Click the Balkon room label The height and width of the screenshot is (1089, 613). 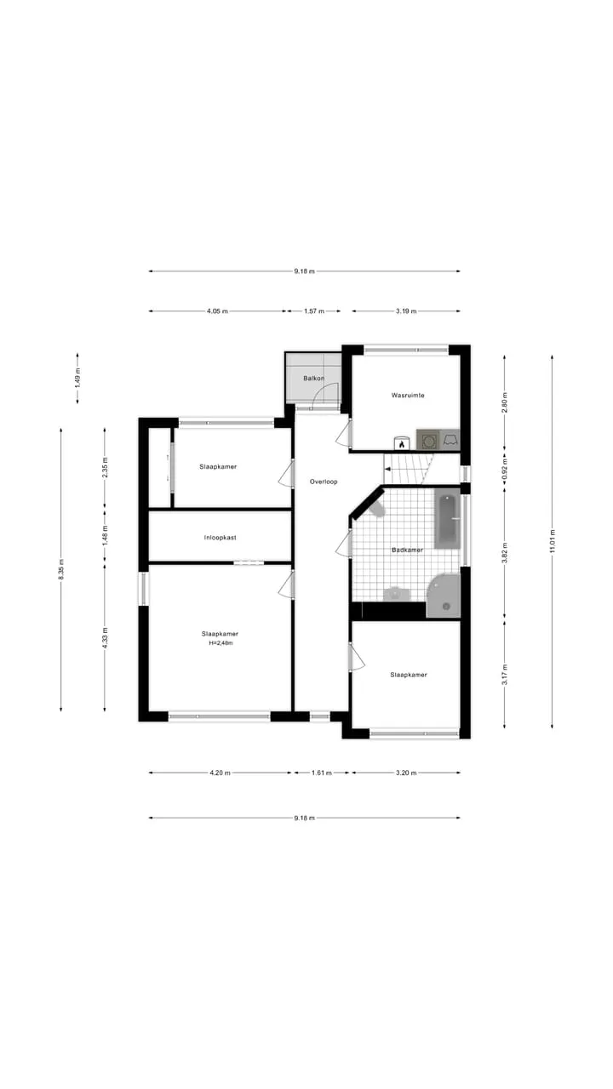pos(314,379)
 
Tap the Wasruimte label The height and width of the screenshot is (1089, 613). pos(408,396)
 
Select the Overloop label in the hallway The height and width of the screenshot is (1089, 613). pos(324,482)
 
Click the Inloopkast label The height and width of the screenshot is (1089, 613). pos(220,538)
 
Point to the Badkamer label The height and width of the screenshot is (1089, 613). pos(407,550)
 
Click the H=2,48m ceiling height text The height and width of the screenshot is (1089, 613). pos(221,642)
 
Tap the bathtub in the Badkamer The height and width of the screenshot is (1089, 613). pos(447,519)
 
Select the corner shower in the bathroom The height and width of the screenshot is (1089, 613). pos(444,596)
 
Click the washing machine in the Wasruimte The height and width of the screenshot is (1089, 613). pos(428,441)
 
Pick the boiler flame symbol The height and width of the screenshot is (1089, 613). pos(402,444)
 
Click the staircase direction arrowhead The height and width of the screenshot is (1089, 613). pos(387,469)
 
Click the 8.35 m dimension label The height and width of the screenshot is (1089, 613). pos(61,569)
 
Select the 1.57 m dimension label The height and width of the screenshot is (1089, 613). pos(314,311)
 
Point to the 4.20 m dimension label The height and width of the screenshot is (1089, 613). pos(220,773)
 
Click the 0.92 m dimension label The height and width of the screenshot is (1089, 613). pos(505,469)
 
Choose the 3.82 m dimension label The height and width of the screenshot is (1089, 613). pos(505,553)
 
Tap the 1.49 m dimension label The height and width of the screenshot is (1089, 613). pos(77,378)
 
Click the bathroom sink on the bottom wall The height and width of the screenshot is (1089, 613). pos(397,594)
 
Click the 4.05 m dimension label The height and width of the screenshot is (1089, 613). pos(217,311)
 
